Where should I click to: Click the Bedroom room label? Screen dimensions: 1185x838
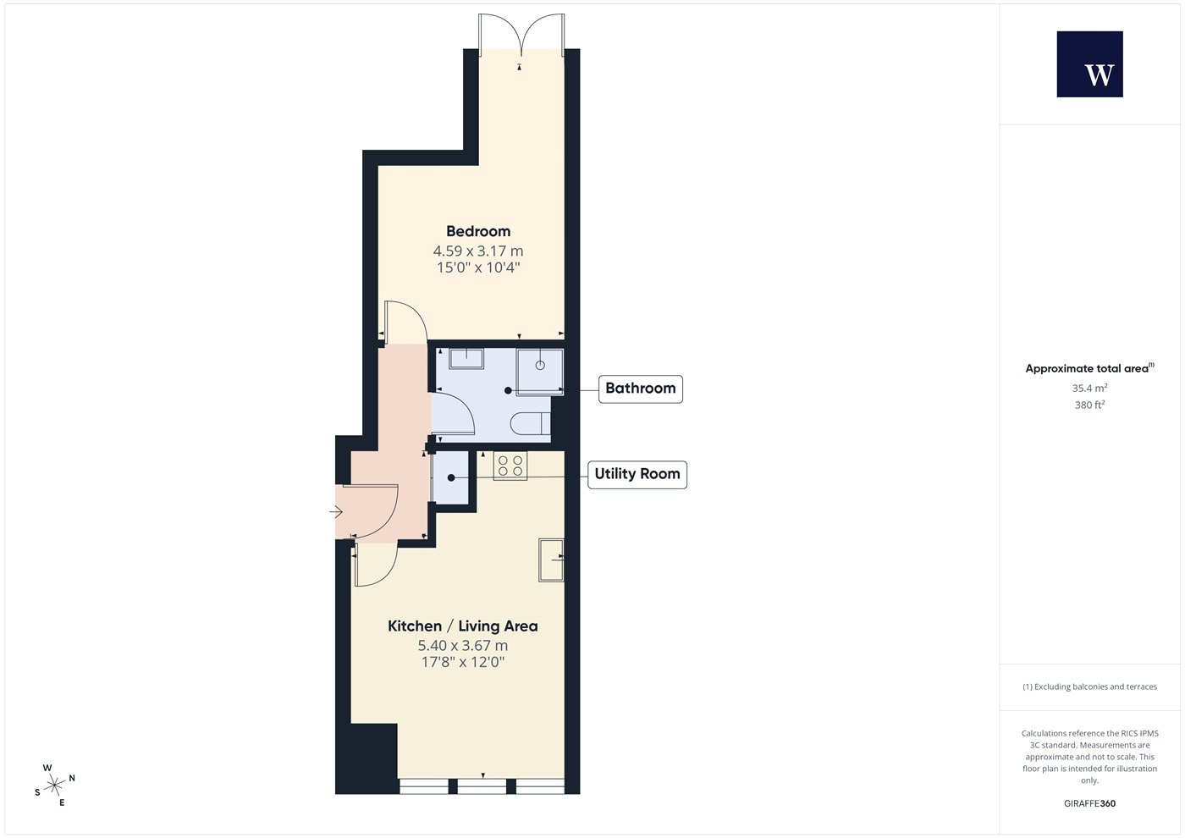(x=478, y=231)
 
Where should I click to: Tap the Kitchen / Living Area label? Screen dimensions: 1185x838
(x=463, y=626)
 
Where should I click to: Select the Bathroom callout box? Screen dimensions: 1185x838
(x=641, y=389)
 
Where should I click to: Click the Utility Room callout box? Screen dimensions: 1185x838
(x=637, y=474)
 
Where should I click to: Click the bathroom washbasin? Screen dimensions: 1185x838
(x=466, y=358)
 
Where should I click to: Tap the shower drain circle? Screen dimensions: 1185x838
(x=540, y=365)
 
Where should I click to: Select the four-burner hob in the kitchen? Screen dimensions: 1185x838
(x=510, y=466)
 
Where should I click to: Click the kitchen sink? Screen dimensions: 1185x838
(x=551, y=560)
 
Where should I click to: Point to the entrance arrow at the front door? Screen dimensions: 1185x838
(x=336, y=512)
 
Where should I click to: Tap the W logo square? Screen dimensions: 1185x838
(x=1090, y=64)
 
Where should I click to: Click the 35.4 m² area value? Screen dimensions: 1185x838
(x=1090, y=388)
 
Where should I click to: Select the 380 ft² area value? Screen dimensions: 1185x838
(x=1090, y=405)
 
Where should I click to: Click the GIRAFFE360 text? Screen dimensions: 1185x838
(x=1090, y=803)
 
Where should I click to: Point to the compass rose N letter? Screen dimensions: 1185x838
(x=72, y=778)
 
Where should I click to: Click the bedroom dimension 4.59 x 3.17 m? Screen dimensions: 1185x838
(x=478, y=251)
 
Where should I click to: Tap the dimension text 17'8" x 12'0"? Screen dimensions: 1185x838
(x=463, y=662)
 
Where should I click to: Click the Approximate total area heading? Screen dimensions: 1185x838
(x=1090, y=368)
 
